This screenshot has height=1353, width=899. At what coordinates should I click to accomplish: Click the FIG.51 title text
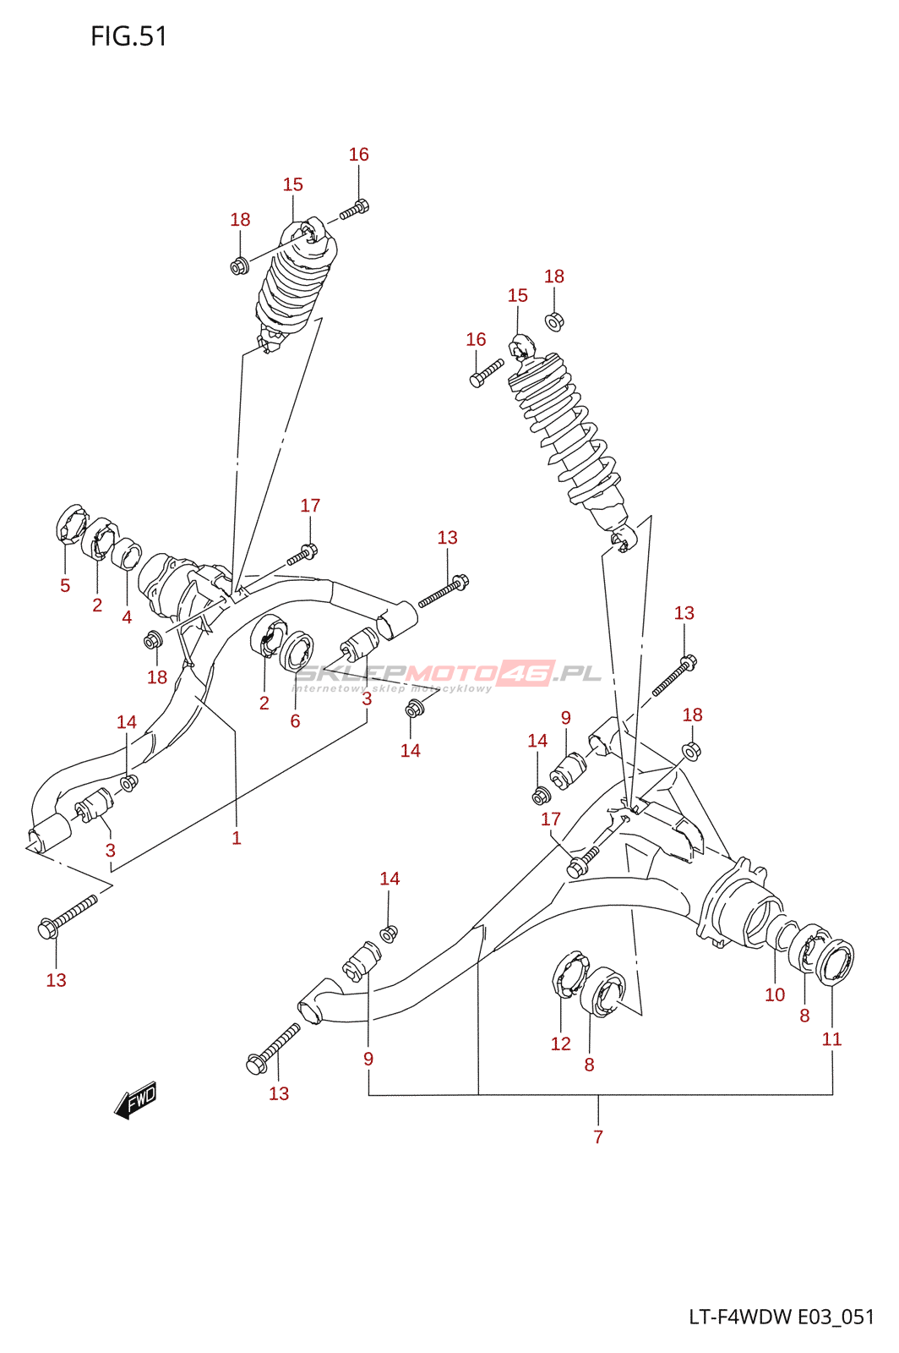(129, 36)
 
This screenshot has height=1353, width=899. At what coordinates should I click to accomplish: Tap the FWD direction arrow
(136, 1100)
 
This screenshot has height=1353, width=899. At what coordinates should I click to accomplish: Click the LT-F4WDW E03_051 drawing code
(782, 1317)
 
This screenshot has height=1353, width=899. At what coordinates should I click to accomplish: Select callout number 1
(237, 838)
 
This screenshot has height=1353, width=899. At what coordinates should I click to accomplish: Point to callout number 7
(598, 1137)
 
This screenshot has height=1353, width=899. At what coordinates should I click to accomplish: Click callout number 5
(65, 585)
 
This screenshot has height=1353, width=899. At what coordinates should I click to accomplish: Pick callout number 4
(127, 617)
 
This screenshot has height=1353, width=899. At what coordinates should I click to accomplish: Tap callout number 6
(295, 721)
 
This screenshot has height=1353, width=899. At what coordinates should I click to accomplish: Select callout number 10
(775, 994)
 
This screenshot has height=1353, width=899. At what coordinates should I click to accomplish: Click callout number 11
(831, 1039)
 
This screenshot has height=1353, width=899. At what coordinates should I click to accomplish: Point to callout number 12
(561, 1044)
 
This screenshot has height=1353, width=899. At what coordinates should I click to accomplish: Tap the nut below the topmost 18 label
(239, 266)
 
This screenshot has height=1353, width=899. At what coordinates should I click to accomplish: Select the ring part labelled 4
(127, 555)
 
